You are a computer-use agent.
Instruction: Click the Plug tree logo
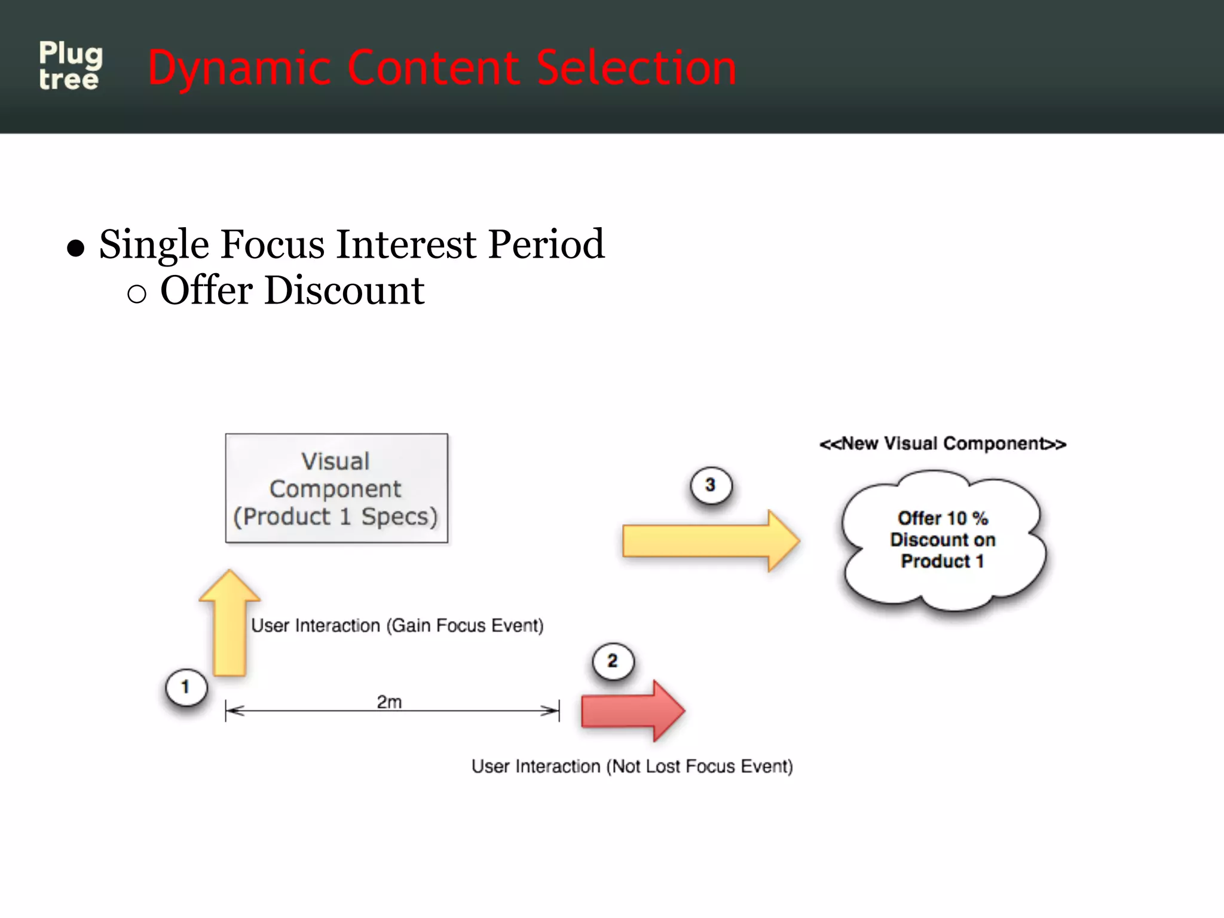pyautogui.click(x=71, y=66)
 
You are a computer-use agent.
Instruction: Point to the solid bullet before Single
pyautogui.click(x=76, y=247)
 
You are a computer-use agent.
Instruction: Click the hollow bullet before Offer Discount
pyautogui.click(x=137, y=293)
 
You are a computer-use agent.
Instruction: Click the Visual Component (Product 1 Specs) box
pyautogui.click(x=336, y=488)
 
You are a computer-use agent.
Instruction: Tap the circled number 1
pyautogui.click(x=186, y=687)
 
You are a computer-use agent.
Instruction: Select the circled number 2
pyautogui.click(x=613, y=661)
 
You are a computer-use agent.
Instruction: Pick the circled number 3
pyautogui.click(x=710, y=485)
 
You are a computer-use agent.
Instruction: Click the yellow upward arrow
pyautogui.click(x=229, y=625)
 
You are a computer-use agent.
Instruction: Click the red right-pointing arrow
pyautogui.click(x=632, y=711)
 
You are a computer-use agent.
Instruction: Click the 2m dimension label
pyautogui.click(x=389, y=702)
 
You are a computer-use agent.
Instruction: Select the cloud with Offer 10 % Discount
pyautogui.click(x=943, y=540)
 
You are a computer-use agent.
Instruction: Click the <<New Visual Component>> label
pyautogui.click(x=943, y=443)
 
